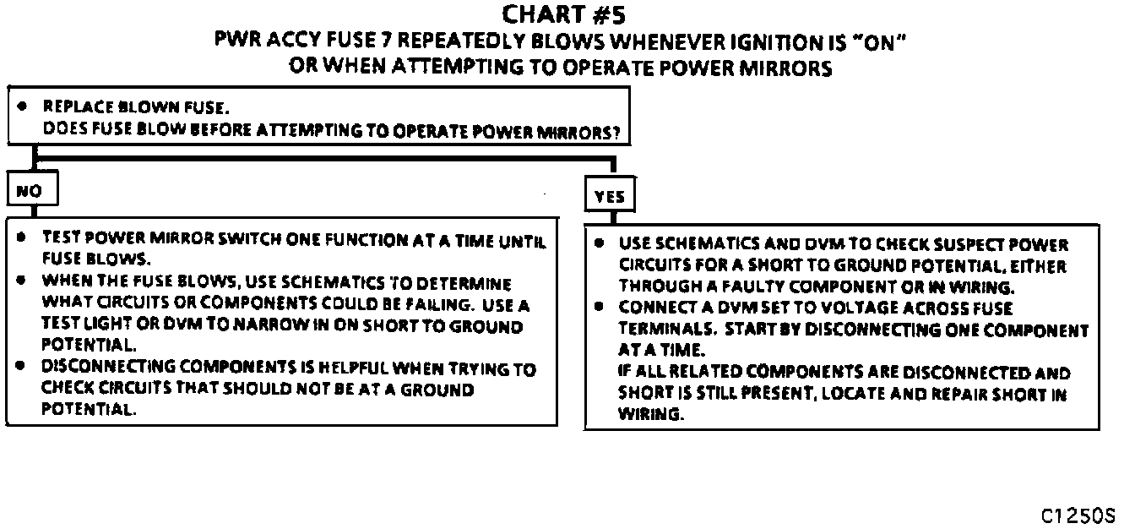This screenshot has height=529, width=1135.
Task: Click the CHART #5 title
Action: (x=564, y=15)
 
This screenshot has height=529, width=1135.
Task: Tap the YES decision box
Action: (x=609, y=197)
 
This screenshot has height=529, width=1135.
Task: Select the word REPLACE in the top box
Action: (x=75, y=107)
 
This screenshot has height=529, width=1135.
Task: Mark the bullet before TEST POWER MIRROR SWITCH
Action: (x=19, y=238)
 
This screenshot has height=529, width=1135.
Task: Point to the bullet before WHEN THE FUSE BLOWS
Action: (x=19, y=283)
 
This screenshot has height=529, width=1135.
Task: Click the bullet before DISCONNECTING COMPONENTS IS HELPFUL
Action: (x=19, y=368)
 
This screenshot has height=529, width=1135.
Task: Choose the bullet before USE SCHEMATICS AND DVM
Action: (x=599, y=244)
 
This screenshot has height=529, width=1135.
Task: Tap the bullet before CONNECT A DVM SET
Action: (x=599, y=308)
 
